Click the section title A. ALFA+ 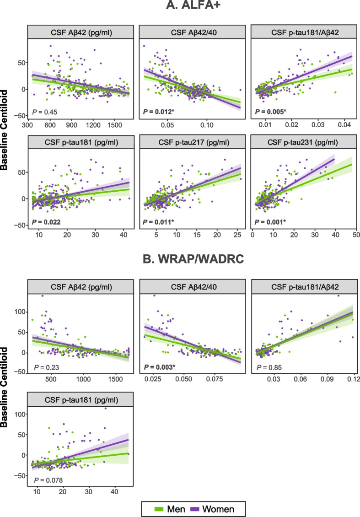point(193,5)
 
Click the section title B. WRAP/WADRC point(193,259)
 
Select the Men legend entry point(169,509)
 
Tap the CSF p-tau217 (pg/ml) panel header point(193,142)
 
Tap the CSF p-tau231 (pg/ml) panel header point(304,142)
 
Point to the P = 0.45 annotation point(44,112)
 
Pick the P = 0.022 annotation point(46,222)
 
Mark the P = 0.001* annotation point(270,222)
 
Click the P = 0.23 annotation point(47,367)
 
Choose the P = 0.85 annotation point(269,367)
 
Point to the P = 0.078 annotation point(48,480)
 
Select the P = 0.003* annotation point(159,367)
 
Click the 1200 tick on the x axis point(93,125)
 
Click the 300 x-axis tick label point(28,125)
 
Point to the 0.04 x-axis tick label point(344,125)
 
